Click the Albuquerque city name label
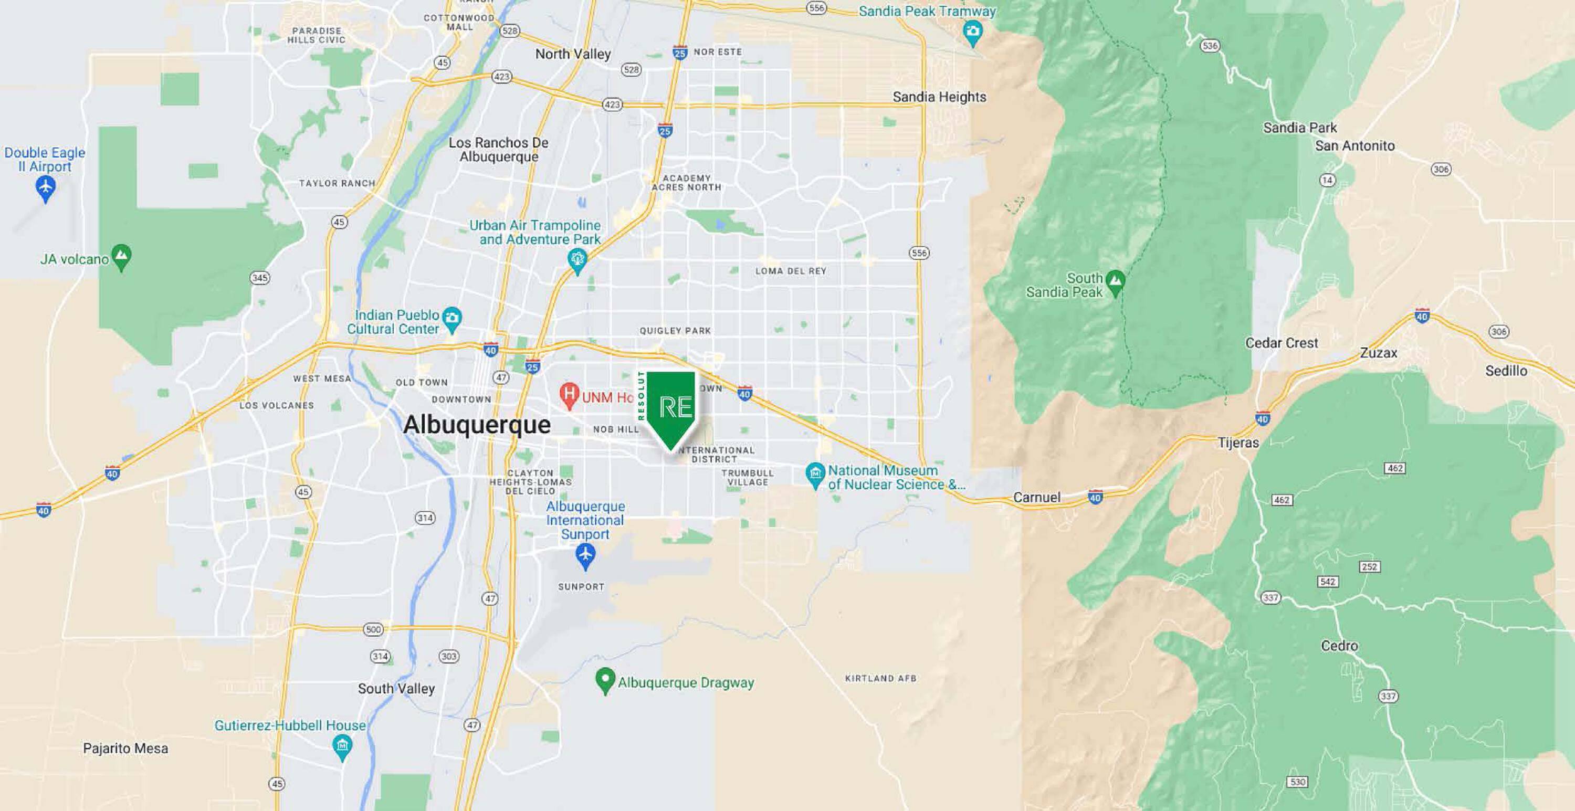point(476,424)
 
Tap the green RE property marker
point(671,407)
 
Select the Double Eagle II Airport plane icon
point(45,186)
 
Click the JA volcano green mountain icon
point(121,256)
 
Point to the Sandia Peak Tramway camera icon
point(972,30)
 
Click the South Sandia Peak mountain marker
point(1116,281)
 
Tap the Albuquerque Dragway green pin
point(605,679)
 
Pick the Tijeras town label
point(1238,443)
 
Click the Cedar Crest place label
point(1282,343)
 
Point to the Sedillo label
point(1506,371)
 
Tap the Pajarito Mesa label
point(125,748)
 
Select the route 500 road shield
point(373,629)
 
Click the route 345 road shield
point(260,278)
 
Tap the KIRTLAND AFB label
point(880,678)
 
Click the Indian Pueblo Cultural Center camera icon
point(452,318)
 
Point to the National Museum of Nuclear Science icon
point(814,473)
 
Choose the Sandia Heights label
point(939,97)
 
